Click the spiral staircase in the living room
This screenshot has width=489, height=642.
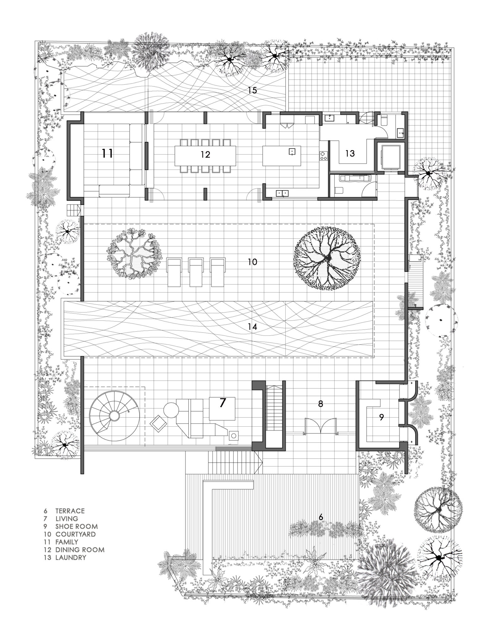113,416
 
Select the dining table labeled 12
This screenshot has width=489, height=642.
205,155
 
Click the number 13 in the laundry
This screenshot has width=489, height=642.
350,153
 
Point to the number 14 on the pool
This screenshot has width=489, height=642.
252,327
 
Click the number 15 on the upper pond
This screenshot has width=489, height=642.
252,90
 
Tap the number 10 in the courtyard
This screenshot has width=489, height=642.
252,262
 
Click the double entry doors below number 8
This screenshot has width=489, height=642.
320,425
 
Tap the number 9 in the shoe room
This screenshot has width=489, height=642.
381,418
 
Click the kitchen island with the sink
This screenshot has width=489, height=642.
281,155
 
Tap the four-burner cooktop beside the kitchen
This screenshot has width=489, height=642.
323,156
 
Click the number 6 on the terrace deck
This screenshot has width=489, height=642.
320,517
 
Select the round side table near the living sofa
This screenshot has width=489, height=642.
171,410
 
